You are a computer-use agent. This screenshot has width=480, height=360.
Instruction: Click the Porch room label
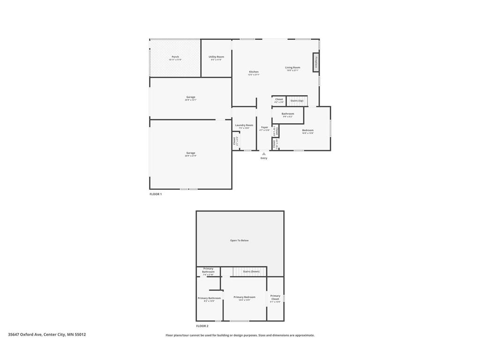point(175,57)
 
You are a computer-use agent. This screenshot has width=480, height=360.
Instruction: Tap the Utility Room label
point(216,57)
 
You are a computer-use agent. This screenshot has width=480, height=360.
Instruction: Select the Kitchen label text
point(254,72)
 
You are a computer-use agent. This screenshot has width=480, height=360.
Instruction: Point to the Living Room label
point(292,67)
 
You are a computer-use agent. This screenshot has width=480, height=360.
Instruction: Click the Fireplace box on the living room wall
point(316,62)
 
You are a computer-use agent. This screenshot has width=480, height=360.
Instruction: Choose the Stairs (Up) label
point(297,101)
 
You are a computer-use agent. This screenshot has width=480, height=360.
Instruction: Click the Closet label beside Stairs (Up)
point(279,99)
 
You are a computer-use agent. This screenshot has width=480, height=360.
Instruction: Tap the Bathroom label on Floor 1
point(288,114)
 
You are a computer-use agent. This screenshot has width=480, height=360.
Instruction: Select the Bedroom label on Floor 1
point(307,130)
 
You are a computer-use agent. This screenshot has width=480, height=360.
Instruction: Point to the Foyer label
point(264,127)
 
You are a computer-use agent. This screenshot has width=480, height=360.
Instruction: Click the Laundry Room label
point(244,125)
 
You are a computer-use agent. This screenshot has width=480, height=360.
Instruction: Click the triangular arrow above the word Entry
point(264,153)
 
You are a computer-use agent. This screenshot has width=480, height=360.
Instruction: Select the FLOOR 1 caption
point(155,194)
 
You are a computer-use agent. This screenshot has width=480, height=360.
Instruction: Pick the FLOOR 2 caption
point(202,326)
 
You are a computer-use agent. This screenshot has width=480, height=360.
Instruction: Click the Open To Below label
point(239,240)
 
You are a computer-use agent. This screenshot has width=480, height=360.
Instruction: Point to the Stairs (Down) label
point(251,271)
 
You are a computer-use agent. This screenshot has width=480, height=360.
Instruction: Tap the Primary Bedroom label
point(244,297)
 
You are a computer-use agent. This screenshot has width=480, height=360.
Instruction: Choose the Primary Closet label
point(275,297)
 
